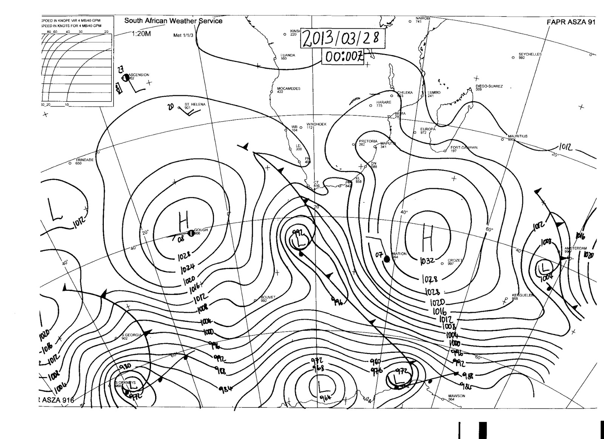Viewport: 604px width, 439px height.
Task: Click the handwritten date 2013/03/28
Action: coord(342,39)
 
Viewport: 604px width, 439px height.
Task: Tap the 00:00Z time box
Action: coord(343,57)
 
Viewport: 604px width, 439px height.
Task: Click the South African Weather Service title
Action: coord(173,21)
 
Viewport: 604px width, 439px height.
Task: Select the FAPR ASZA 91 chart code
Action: coord(571,22)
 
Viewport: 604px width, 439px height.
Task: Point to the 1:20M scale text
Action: coord(141,34)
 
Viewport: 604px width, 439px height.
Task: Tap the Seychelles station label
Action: coord(530,54)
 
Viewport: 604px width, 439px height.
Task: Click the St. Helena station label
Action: coord(195,104)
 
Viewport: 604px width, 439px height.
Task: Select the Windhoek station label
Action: coord(316,124)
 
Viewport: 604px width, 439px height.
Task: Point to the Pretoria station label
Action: coord(368,141)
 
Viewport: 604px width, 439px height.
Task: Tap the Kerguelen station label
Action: coord(522,295)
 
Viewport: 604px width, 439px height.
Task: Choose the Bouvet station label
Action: coord(269,298)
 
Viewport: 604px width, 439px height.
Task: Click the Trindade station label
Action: coord(85,160)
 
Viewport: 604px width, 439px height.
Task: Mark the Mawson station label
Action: coord(456,396)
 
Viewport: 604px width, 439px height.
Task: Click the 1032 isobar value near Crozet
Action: coord(427,261)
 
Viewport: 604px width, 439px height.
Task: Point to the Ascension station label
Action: coord(139,75)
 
